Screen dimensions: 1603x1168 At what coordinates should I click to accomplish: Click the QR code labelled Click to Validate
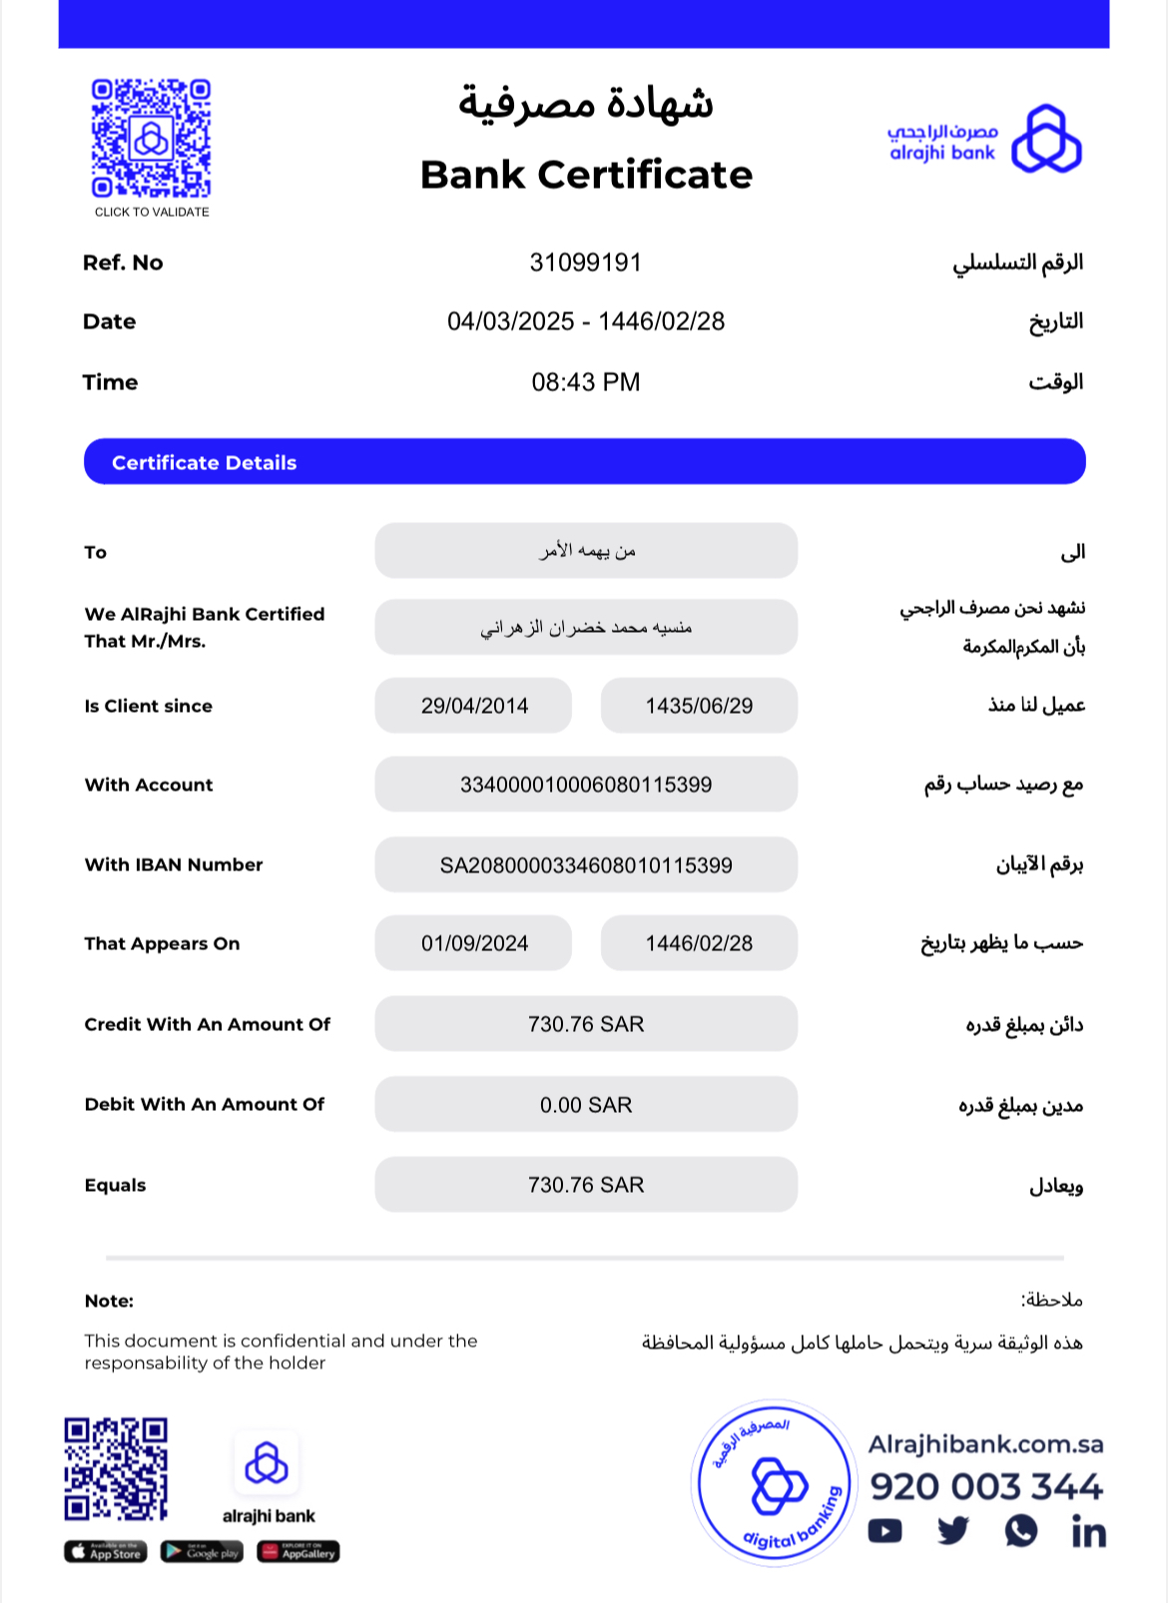pyautogui.click(x=151, y=138)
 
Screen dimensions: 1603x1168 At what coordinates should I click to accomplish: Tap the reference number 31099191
pyautogui.click(x=585, y=263)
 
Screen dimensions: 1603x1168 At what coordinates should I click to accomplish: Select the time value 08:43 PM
pyautogui.click(x=585, y=382)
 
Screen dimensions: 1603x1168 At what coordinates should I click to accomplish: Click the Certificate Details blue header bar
pyautogui.click(x=584, y=462)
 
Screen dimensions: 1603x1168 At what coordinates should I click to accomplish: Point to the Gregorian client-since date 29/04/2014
pyautogui.click(x=474, y=706)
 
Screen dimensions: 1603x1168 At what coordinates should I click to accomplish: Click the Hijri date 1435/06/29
pyautogui.click(x=699, y=706)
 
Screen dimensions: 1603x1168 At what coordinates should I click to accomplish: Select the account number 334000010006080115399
pyautogui.click(x=586, y=785)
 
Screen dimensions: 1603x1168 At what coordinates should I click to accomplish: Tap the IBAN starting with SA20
pyautogui.click(x=586, y=865)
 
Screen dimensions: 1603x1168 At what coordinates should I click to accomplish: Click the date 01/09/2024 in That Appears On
pyautogui.click(x=474, y=943)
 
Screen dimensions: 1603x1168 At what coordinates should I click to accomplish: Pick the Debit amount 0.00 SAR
pyautogui.click(x=586, y=1105)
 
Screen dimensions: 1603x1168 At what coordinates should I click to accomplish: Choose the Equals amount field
pyautogui.click(x=586, y=1185)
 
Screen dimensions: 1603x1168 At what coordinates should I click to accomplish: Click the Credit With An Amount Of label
pyautogui.click(x=207, y=1024)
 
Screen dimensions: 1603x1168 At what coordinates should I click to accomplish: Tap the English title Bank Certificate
pyautogui.click(x=586, y=175)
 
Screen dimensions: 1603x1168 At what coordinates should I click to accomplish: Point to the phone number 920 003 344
pyautogui.click(x=986, y=1486)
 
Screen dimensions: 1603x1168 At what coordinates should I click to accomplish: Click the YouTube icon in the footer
pyautogui.click(x=884, y=1531)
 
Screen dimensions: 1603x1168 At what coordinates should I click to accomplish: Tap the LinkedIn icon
pyautogui.click(x=1088, y=1531)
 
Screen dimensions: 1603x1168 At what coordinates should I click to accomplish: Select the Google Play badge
pyautogui.click(x=202, y=1552)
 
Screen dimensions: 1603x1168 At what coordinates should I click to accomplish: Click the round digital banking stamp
pyautogui.click(x=775, y=1483)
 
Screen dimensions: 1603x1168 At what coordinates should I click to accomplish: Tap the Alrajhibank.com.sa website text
pyautogui.click(x=985, y=1444)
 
